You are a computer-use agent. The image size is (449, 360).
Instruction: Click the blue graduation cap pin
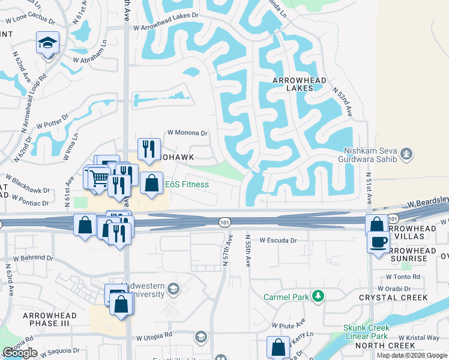(47, 43)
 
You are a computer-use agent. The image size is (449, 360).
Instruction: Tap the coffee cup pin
(378, 242)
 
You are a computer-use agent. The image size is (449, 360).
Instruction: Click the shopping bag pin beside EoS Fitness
(152, 183)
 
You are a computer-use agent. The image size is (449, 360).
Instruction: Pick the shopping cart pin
(98, 177)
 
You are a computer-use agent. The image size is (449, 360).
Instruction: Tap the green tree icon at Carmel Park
(318, 296)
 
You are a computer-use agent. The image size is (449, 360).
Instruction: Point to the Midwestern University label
(143, 290)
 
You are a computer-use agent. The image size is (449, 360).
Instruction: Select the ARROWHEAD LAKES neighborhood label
(300, 84)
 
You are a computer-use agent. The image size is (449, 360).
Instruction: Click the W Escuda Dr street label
(278, 240)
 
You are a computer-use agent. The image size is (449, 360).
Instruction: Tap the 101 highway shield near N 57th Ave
(224, 221)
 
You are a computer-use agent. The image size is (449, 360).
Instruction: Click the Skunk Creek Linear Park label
(366, 332)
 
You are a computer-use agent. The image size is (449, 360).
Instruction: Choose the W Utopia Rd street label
(154, 338)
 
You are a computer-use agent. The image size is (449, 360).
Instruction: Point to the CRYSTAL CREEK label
(402, 298)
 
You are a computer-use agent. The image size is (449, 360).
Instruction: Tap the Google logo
(20, 353)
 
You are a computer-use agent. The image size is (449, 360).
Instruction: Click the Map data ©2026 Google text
(412, 355)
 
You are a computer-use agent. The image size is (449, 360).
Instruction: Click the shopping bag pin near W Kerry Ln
(278, 347)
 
